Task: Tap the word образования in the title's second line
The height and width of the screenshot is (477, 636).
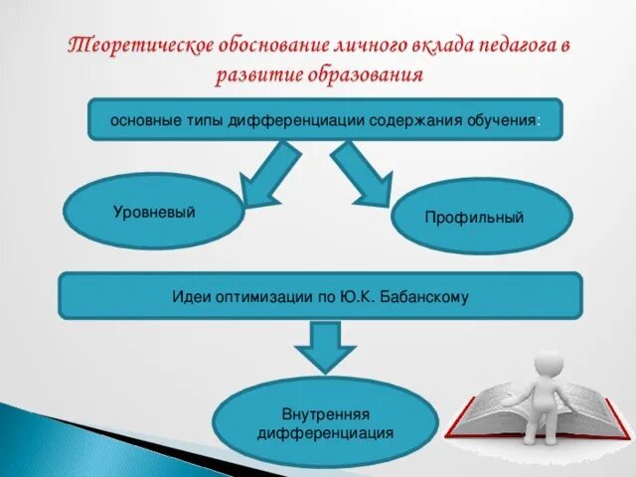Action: (x=370, y=76)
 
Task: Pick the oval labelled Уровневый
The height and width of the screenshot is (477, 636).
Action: (x=153, y=212)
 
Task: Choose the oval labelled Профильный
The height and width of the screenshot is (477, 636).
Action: (x=481, y=217)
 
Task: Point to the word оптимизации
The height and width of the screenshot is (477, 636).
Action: (x=257, y=296)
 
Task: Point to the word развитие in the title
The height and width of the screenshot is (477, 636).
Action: (x=252, y=76)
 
